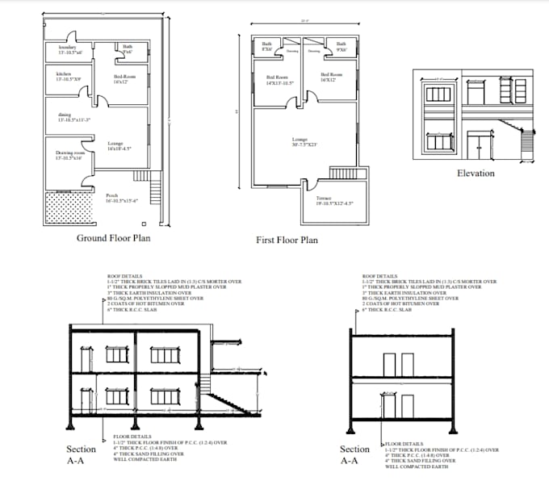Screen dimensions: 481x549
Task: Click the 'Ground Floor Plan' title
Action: click(113, 238)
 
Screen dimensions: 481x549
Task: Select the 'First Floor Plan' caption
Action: click(287, 240)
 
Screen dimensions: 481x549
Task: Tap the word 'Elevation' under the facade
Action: click(476, 174)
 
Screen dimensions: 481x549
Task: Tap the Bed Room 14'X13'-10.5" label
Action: click(279, 80)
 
